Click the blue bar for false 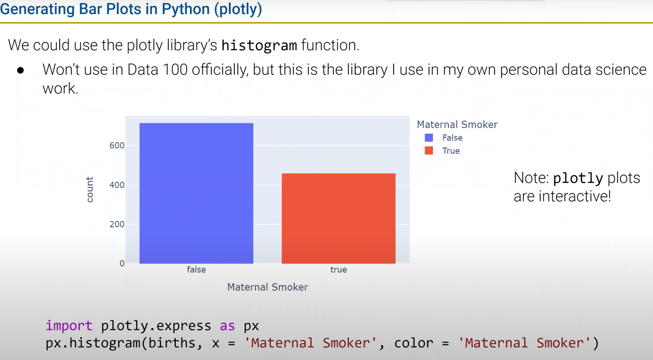(x=196, y=193)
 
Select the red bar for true (x=338, y=218)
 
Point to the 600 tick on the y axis (x=117, y=145)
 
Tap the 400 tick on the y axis (x=117, y=185)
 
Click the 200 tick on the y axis (x=117, y=224)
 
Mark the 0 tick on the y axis (x=122, y=264)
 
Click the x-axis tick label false (x=196, y=270)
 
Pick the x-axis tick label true (x=338, y=270)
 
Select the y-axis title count (x=90, y=189)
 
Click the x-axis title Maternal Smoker (x=267, y=287)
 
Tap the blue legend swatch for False (x=429, y=138)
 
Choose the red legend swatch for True (x=429, y=151)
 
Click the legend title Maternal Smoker (x=457, y=125)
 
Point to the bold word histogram (x=259, y=45)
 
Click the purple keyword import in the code (x=69, y=325)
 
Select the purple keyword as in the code (x=227, y=325)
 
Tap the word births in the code (x=172, y=343)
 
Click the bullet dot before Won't (x=20, y=70)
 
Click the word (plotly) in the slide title (x=238, y=9)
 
